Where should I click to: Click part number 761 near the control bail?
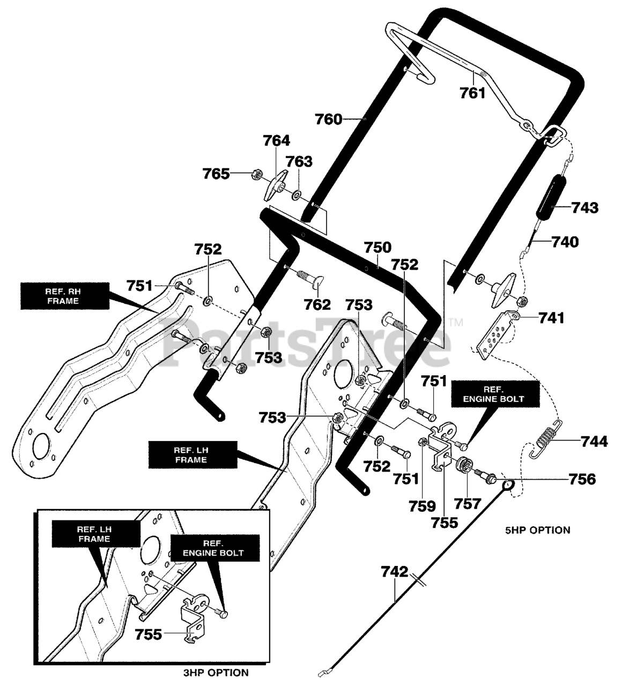point(472,93)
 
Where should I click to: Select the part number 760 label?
point(329,120)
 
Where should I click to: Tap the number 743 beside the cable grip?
point(585,207)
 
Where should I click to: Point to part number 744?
point(594,442)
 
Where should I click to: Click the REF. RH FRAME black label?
point(65,296)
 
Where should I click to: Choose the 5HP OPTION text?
point(538,530)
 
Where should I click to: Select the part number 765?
point(216,174)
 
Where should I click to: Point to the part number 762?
point(317,305)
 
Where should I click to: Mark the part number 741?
point(552,318)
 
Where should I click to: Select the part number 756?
point(582,479)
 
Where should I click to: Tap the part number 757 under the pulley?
point(468,504)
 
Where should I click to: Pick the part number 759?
point(422,506)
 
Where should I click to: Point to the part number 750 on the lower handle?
point(377,247)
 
